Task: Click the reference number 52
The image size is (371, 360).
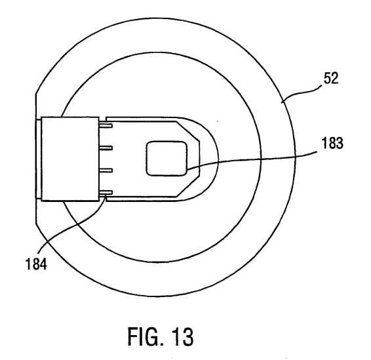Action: tap(331, 78)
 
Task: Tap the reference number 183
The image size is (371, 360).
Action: tap(332, 143)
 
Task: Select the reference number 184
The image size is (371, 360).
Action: tap(36, 264)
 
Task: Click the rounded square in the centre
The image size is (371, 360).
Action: tap(166, 159)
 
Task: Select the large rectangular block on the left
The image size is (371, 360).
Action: tap(70, 159)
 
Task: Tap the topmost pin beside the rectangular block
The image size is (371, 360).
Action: tap(106, 125)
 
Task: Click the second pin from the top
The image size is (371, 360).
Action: tap(106, 148)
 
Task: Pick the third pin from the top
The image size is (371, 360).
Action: tap(106, 170)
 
